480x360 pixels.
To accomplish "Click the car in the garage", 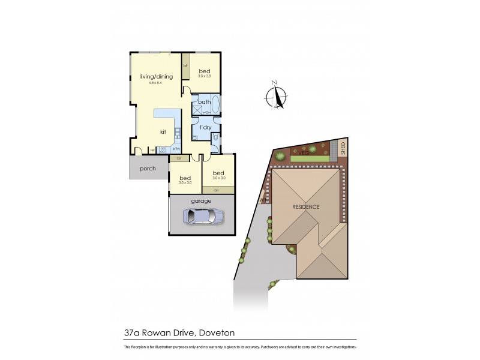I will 204,216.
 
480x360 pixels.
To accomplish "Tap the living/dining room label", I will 155,76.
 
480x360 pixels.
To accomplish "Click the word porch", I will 148,169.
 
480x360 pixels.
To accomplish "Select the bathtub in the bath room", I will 215,107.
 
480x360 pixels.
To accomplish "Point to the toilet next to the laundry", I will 214,138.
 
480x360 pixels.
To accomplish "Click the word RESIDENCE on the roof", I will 306,207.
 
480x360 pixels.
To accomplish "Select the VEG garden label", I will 303,152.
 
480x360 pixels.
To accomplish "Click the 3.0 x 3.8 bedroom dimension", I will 205,76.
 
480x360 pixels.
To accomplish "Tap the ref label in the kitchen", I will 153,149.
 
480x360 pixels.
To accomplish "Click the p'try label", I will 176,149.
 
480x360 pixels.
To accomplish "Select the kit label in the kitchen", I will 163,131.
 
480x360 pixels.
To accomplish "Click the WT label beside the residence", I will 262,200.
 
